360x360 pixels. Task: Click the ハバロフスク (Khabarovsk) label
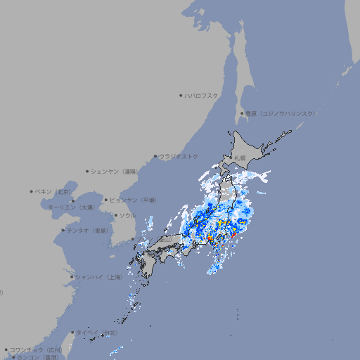click(202, 95)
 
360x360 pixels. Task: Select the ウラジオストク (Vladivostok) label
click(179, 156)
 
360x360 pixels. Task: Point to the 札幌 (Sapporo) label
click(240, 157)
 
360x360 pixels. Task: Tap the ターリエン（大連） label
click(71, 207)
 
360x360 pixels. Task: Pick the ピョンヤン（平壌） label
click(134, 200)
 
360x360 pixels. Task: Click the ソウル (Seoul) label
click(127, 215)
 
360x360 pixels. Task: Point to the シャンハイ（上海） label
click(98, 277)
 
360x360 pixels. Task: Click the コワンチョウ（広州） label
click(36, 349)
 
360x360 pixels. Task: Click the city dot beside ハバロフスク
click(181, 95)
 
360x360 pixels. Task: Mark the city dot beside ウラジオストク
click(155, 156)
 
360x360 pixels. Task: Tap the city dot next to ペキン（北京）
click(32, 191)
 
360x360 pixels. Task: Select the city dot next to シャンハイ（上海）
click(71, 277)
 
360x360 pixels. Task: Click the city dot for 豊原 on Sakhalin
click(242, 113)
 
